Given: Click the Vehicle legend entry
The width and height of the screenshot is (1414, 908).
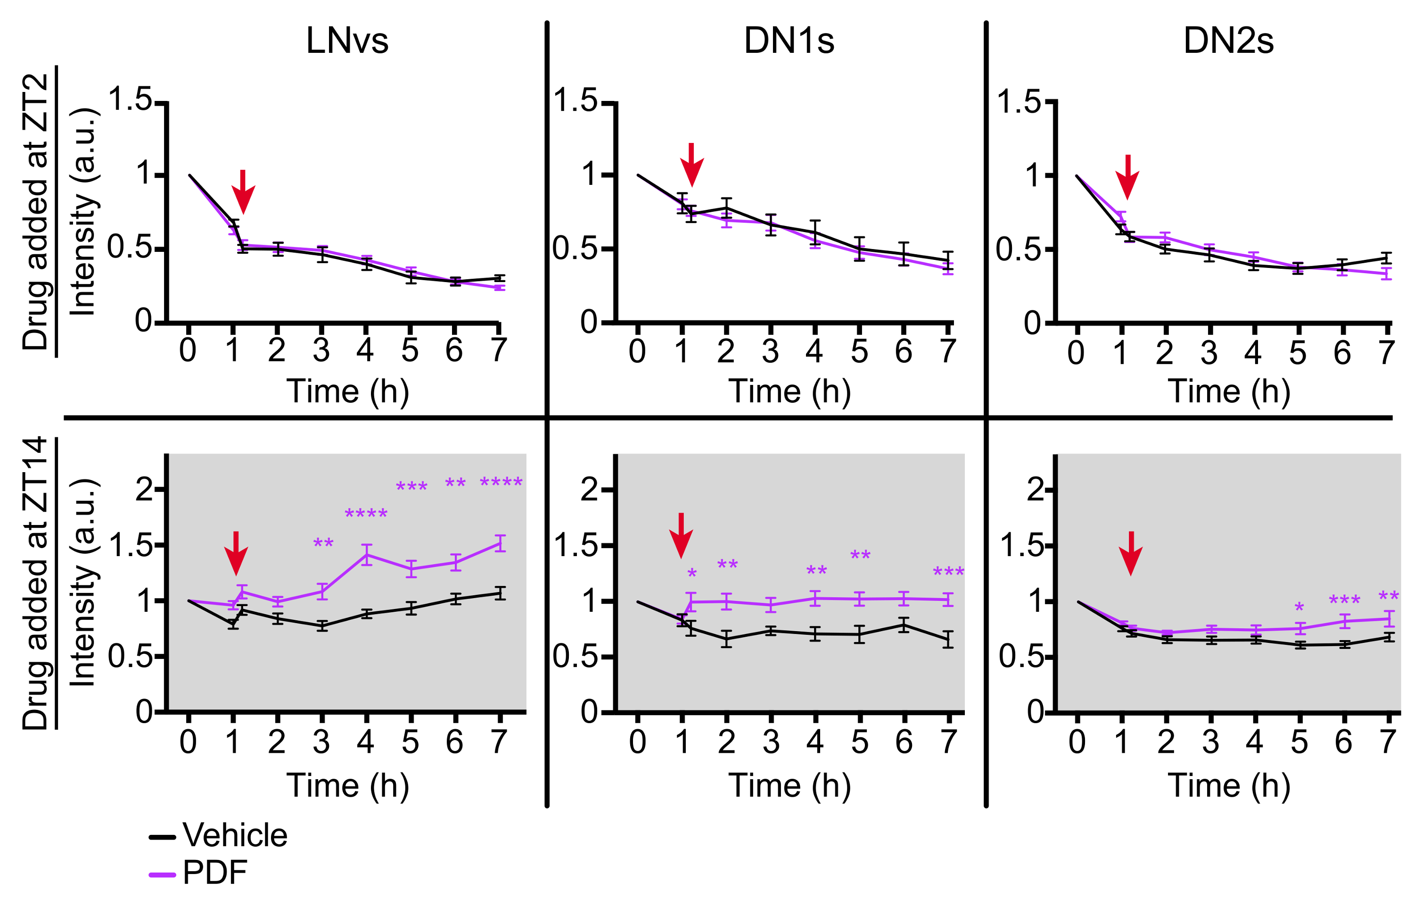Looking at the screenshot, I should [235, 835].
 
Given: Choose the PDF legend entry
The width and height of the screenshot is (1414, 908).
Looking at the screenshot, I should [214, 872].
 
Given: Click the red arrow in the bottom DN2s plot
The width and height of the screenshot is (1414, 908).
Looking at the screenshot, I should [1130, 552].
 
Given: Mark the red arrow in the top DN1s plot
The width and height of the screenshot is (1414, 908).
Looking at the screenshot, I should [692, 164].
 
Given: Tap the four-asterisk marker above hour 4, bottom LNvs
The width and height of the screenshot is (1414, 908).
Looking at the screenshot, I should [366, 514].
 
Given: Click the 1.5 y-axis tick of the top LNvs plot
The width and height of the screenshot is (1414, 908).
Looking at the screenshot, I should [131, 100].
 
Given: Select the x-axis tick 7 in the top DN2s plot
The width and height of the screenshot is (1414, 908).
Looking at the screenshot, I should [1386, 353].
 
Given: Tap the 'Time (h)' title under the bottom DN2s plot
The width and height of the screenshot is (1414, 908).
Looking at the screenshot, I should [1229, 785].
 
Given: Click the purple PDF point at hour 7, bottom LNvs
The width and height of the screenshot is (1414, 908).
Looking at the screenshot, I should [500, 543].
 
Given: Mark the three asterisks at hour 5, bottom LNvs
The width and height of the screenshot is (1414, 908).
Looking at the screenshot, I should [411, 487].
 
